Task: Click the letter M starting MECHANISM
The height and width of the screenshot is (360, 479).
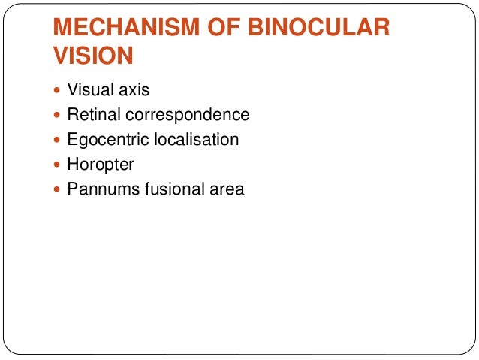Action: (x=62, y=29)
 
